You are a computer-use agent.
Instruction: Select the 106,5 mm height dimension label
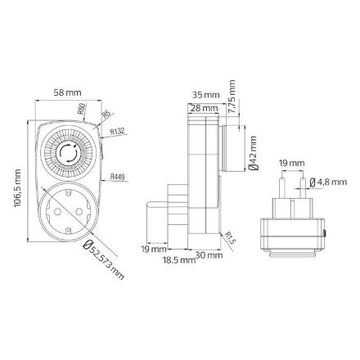click(x=17, y=188)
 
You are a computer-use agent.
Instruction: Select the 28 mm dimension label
click(x=205, y=107)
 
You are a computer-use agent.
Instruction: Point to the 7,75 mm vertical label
click(x=232, y=97)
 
